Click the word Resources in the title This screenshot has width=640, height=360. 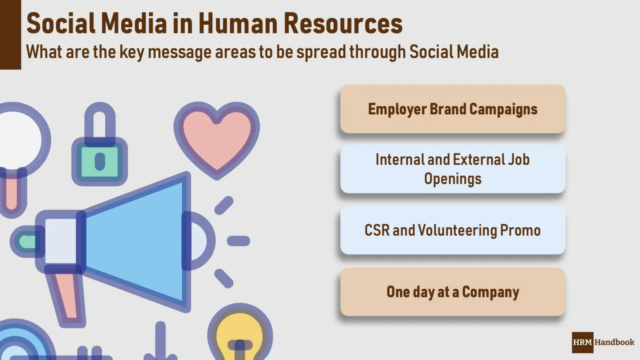pyautogui.click(x=343, y=23)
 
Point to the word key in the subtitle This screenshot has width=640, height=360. pyautogui.click(x=132, y=52)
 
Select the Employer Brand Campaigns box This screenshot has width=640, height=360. pyautogui.click(x=452, y=109)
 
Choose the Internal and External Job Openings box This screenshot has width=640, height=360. pyautogui.click(x=452, y=169)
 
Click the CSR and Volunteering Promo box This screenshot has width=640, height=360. pyautogui.click(x=452, y=230)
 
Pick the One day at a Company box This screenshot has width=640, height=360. pyautogui.click(x=452, y=292)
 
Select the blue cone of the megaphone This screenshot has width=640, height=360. pyautogui.click(x=136, y=240)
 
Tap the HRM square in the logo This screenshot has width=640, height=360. pyautogui.click(x=582, y=342)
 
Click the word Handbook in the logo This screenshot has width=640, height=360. pyautogui.click(x=614, y=342)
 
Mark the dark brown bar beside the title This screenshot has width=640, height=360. pyautogui.click(x=10, y=35)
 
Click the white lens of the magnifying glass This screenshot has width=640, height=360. pyautogui.click(x=18, y=140)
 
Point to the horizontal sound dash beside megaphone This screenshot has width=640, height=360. pyautogui.click(x=238, y=241)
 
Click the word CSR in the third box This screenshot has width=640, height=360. pyautogui.click(x=377, y=230)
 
